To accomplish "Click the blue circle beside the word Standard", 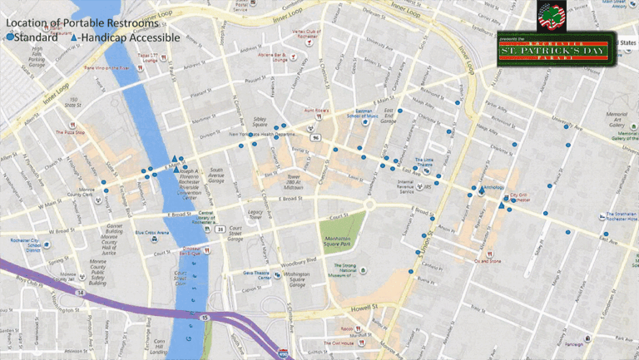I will point(9,38).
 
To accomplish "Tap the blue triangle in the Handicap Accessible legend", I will point(76,38).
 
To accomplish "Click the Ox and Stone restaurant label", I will point(488,260).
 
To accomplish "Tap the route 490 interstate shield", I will point(283,354).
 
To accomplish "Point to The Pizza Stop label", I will point(71,132).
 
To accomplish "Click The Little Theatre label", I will point(424,162).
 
